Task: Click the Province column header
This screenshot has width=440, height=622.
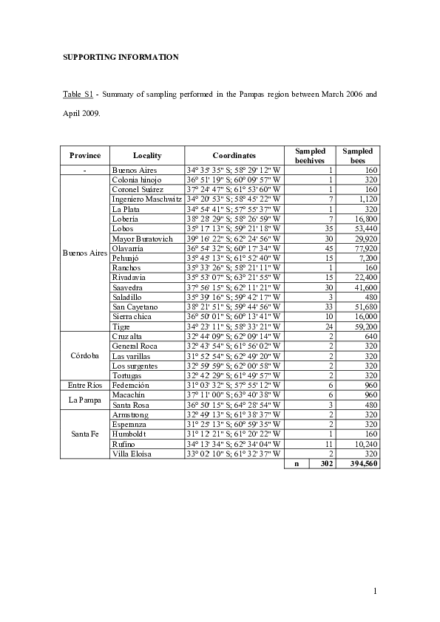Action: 84,156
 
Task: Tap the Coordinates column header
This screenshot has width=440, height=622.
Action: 234,156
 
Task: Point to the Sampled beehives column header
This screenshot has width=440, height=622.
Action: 310,156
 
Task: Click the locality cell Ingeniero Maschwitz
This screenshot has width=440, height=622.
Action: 146,199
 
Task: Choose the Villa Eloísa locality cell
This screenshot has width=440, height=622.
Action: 135,454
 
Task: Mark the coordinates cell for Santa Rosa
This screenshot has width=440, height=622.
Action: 234,405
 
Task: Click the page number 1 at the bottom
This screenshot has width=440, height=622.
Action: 376,590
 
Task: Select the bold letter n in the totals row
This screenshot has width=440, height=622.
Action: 297,464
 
